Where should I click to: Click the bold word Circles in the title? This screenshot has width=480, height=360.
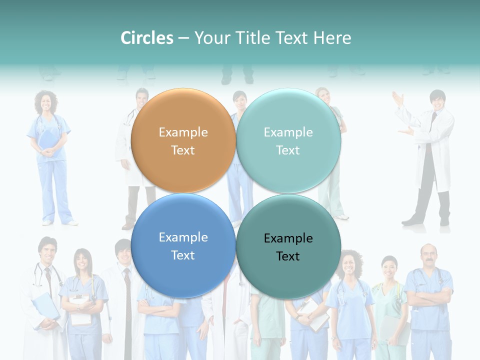point(147,38)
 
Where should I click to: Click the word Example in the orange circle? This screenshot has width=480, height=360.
point(183,132)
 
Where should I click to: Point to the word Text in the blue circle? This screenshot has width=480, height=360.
point(183,255)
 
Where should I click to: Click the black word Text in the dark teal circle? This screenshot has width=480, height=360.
point(288,256)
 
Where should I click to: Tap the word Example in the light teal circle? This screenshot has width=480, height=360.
point(288,132)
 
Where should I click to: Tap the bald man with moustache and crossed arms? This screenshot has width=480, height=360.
point(428,295)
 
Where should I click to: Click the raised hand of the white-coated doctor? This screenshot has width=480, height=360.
point(398,98)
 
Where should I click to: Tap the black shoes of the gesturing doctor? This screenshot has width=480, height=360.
point(425,220)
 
